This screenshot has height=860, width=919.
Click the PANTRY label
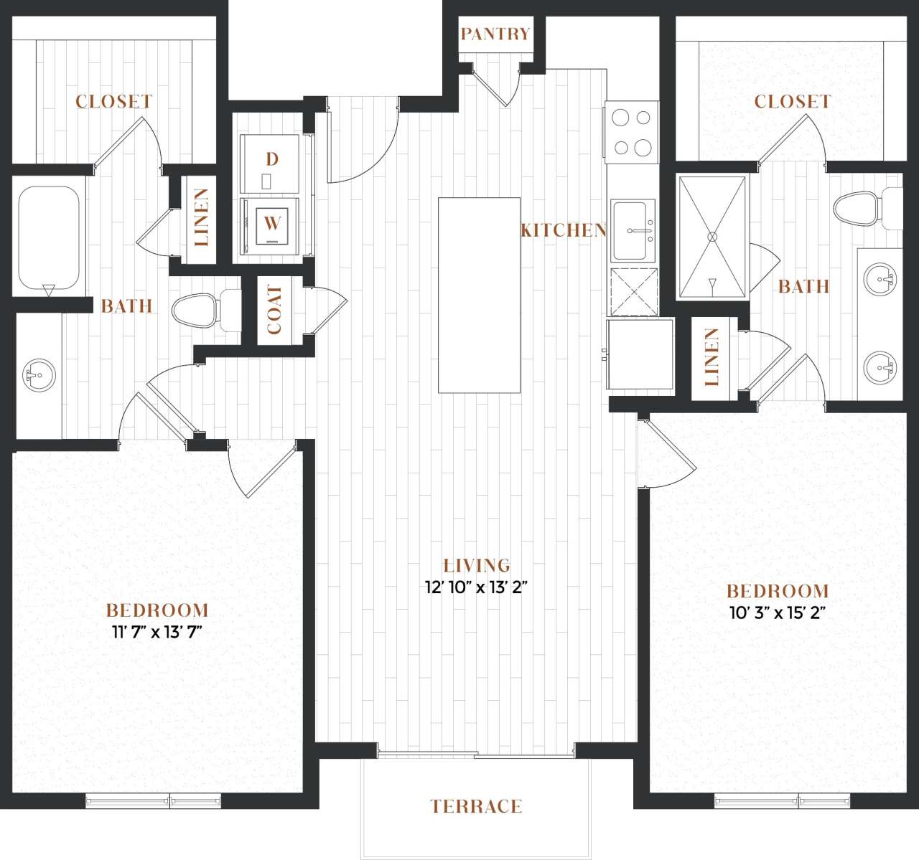coord(495,34)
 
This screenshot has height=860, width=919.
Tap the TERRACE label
coord(476,806)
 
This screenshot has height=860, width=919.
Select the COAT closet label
coord(274,310)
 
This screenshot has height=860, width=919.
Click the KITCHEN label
coord(564,230)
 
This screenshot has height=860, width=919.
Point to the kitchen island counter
coord(479,295)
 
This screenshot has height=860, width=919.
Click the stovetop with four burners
coord(631,132)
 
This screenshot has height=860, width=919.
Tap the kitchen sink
coord(633,230)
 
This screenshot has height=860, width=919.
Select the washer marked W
coord(271,224)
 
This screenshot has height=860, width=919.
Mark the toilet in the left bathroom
coord(199,311)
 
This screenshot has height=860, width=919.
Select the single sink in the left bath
coord(39,375)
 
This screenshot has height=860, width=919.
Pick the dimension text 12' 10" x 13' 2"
coord(476,587)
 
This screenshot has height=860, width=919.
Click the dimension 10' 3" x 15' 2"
coord(778,613)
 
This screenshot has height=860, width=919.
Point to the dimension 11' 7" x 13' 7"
coord(157,632)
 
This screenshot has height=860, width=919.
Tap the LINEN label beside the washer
coord(200,217)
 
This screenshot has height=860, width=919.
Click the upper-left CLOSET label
coord(113,102)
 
